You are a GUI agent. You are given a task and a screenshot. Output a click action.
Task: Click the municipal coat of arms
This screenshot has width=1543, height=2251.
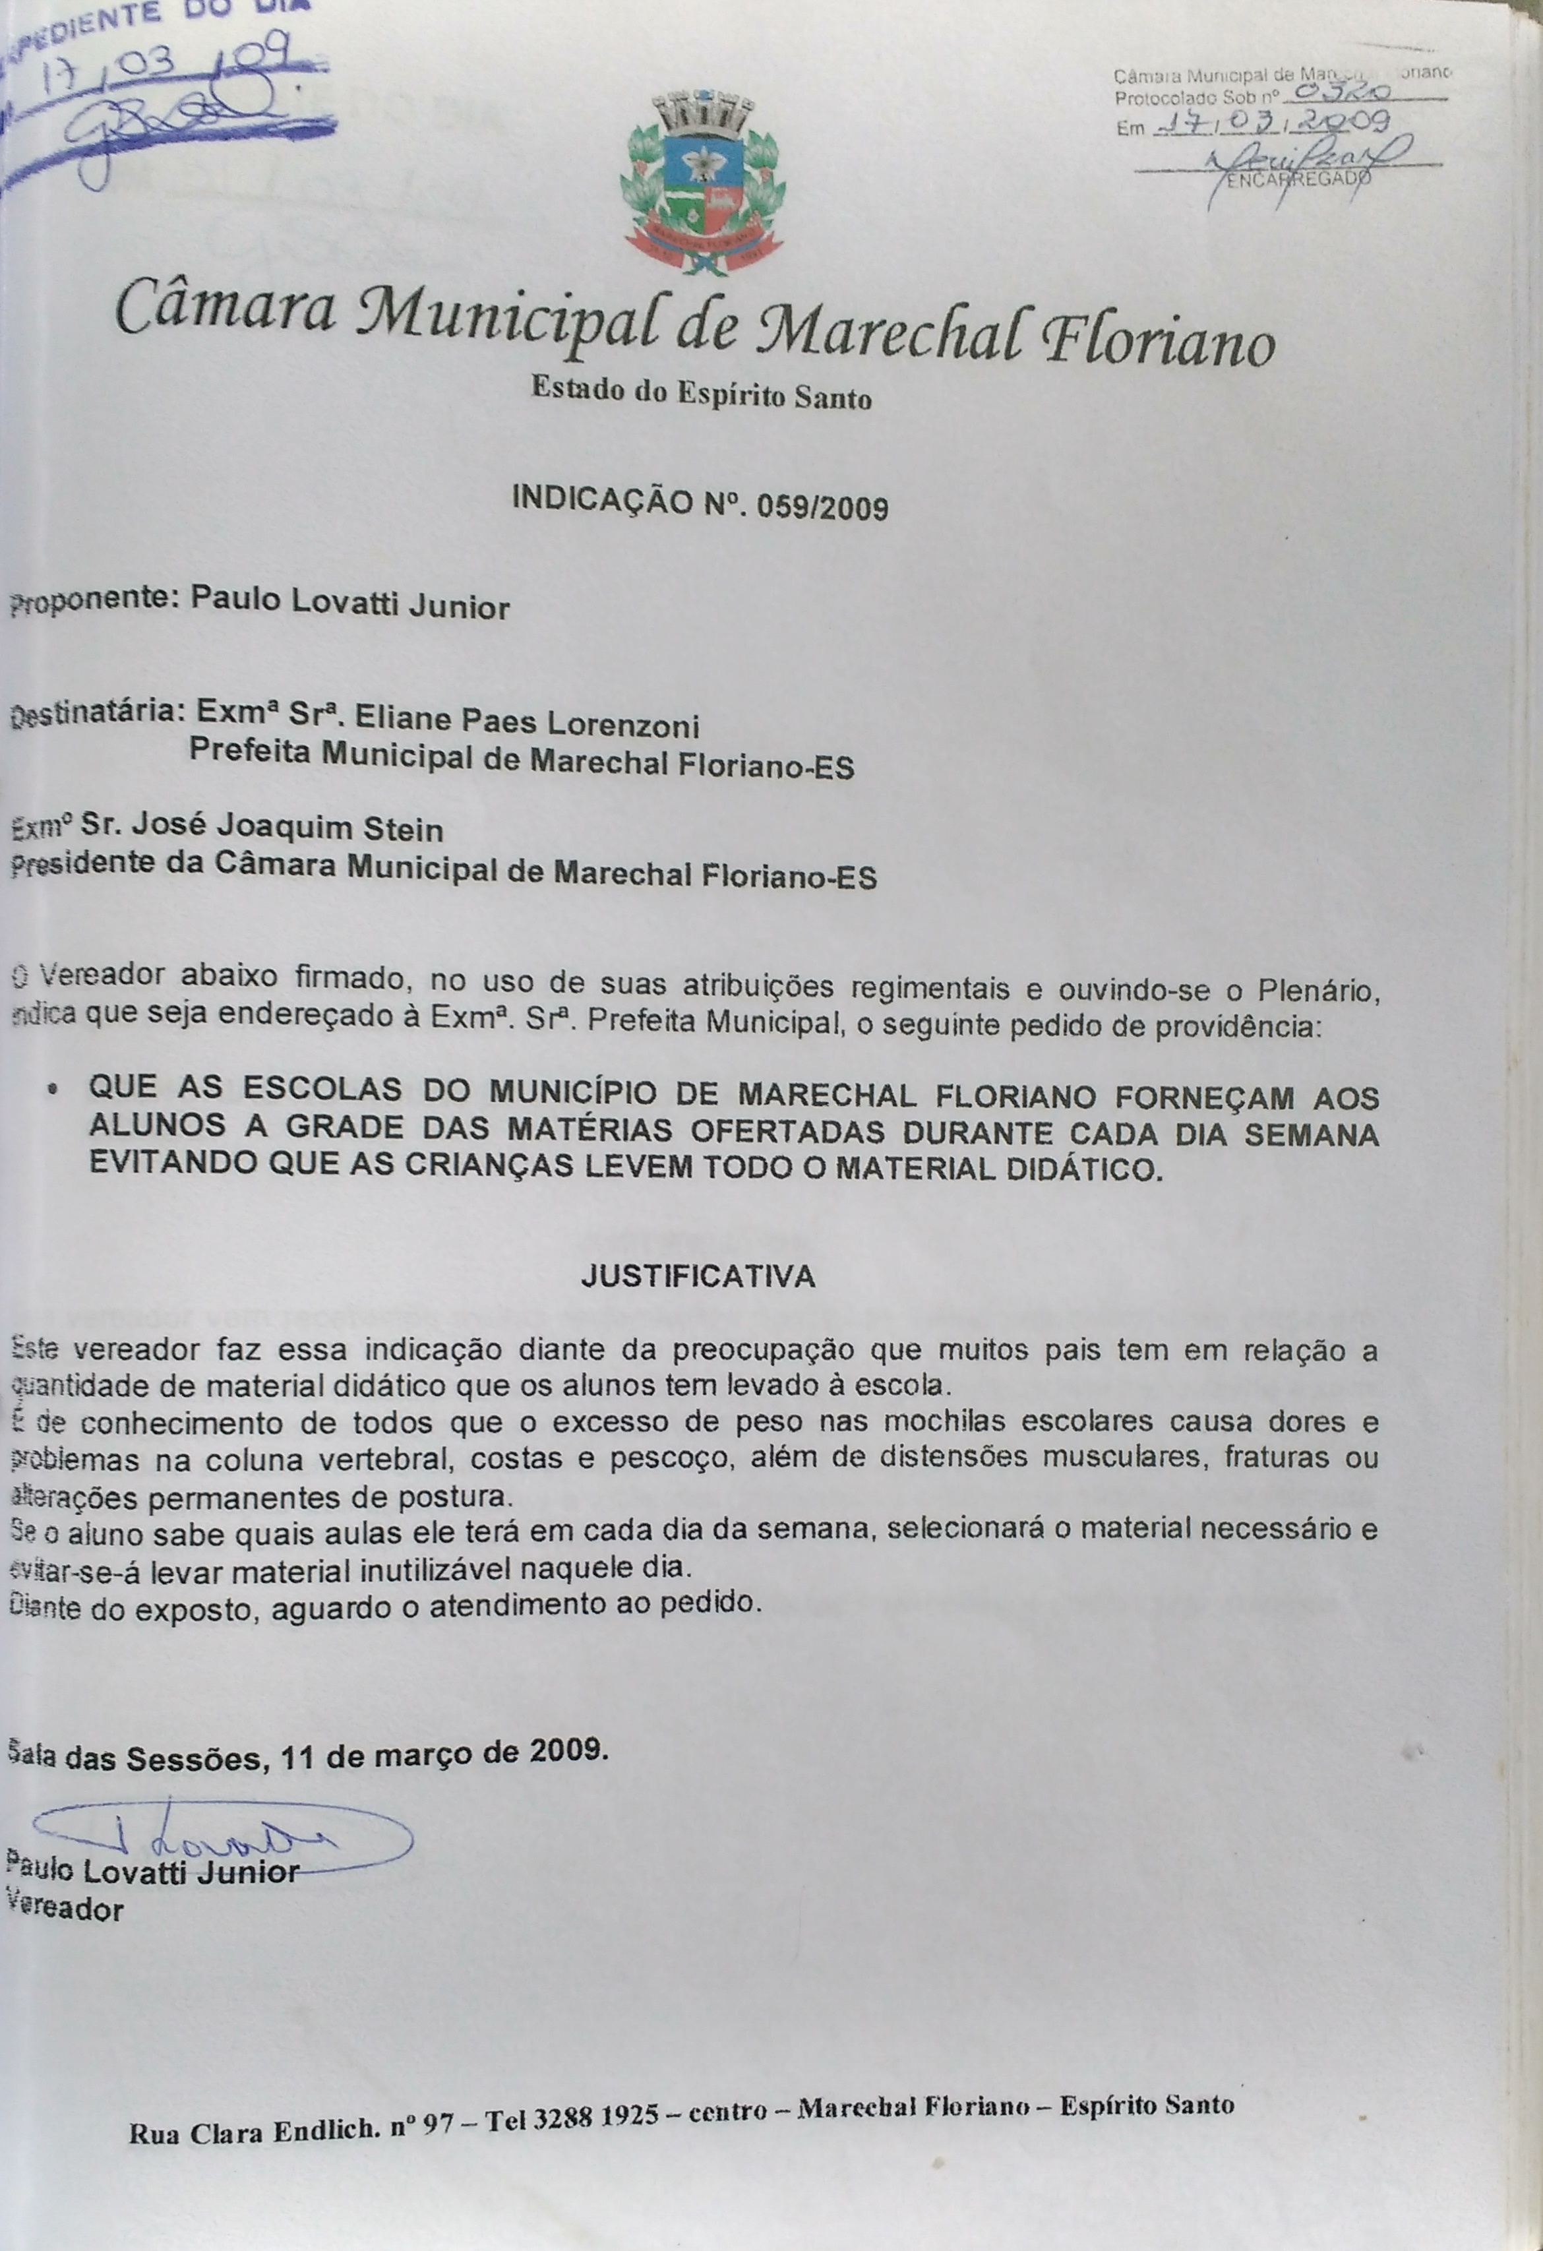[x=700, y=181]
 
